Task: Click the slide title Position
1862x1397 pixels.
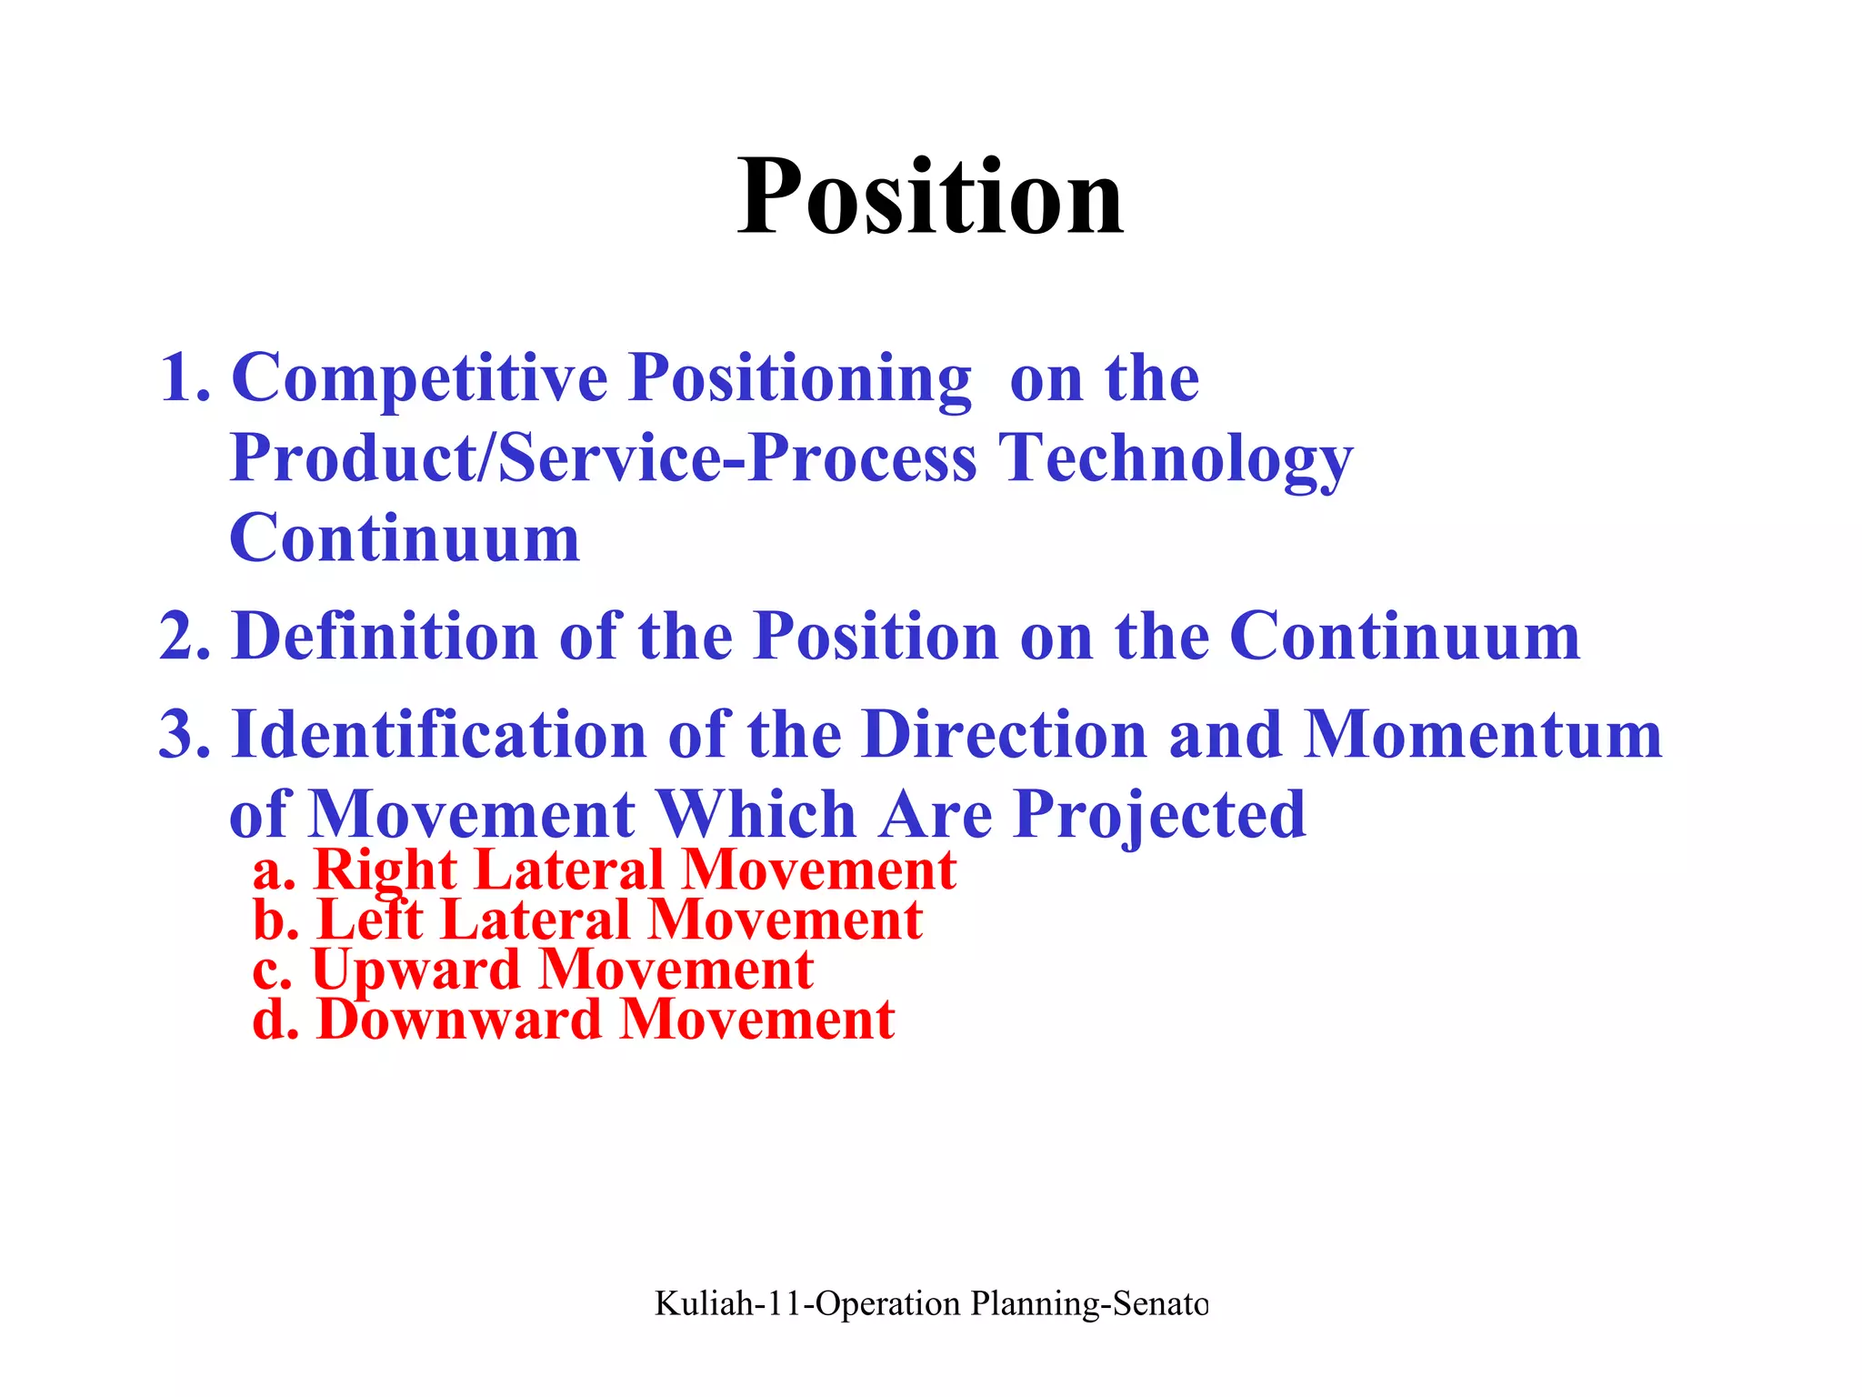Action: point(930,197)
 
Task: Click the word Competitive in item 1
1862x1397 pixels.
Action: point(419,377)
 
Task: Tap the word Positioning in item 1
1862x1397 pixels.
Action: point(800,379)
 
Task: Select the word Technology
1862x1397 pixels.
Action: point(1176,459)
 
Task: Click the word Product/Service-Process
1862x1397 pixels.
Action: point(604,457)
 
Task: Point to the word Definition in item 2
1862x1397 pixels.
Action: point(385,636)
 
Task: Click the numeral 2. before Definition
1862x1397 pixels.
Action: point(185,636)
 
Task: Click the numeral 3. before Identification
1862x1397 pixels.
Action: point(185,734)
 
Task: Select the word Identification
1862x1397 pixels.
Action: point(439,734)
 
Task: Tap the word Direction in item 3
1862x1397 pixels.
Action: point(1005,734)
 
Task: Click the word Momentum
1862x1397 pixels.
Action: point(1483,734)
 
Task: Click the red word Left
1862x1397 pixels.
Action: point(369,920)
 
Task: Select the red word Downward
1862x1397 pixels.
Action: point(459,1020)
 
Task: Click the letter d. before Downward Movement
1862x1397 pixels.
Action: point(275,1020)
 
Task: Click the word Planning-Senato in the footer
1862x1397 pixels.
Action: point(1089,1303)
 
